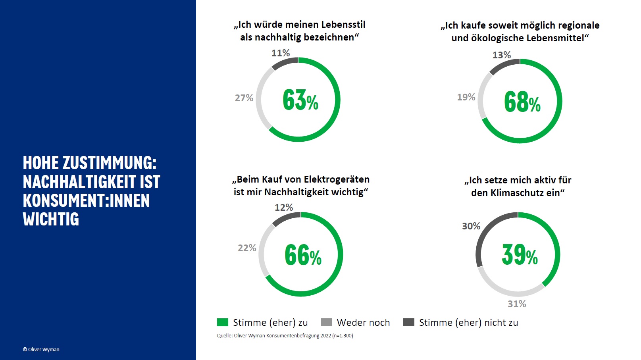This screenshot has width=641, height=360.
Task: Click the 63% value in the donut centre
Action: pos(300,100)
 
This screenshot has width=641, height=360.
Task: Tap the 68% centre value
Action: pos(522,102)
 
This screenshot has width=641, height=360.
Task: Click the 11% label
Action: pos(281,53)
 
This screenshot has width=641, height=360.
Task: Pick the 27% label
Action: pos(244,98)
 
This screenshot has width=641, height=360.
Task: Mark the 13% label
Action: pos(502,55)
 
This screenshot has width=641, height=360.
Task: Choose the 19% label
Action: pos(466,97)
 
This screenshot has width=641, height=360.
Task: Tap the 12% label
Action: pos(284,208)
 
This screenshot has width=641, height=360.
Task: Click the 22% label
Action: pos(247,248)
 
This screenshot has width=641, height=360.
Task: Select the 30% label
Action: pos(471,226)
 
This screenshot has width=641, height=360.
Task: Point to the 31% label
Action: pos(517,304)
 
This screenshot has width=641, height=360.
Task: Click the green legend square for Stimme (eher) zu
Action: pos(223,322)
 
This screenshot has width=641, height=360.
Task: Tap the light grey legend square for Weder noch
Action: pos(326,322)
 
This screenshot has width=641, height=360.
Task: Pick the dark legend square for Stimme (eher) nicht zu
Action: pos(408,322)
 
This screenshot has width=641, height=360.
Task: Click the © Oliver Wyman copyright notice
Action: pos(41,350)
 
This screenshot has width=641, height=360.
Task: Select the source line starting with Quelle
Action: pos(285,336)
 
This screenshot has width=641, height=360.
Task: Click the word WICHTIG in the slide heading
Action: pos(51,219)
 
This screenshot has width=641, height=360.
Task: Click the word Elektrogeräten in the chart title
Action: pos(337,179)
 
